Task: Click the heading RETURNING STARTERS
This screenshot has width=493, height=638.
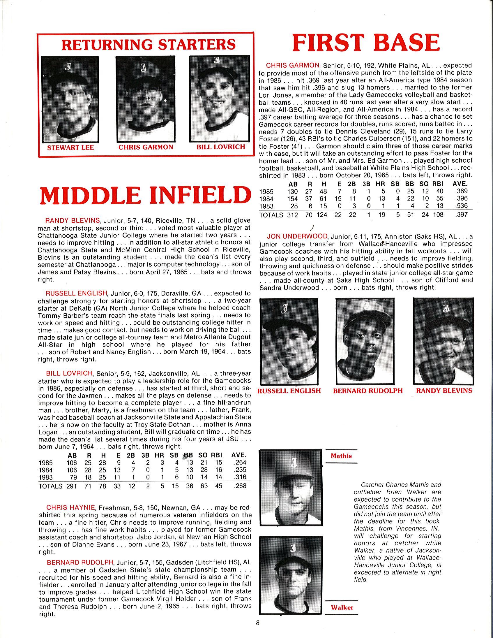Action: (149, 44)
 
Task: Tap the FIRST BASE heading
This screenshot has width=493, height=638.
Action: (366, 43)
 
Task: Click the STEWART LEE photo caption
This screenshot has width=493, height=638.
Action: (71, 147)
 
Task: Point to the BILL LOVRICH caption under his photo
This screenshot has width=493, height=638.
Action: (221, 147)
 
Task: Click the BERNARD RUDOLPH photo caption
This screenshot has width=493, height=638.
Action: (367, 391)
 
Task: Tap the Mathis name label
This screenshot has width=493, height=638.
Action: (341, 456)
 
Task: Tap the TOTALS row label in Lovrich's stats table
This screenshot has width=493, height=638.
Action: (50, 486)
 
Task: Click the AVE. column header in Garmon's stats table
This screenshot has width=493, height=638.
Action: (460, 184)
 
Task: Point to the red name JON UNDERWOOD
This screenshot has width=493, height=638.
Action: (298, 236)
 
